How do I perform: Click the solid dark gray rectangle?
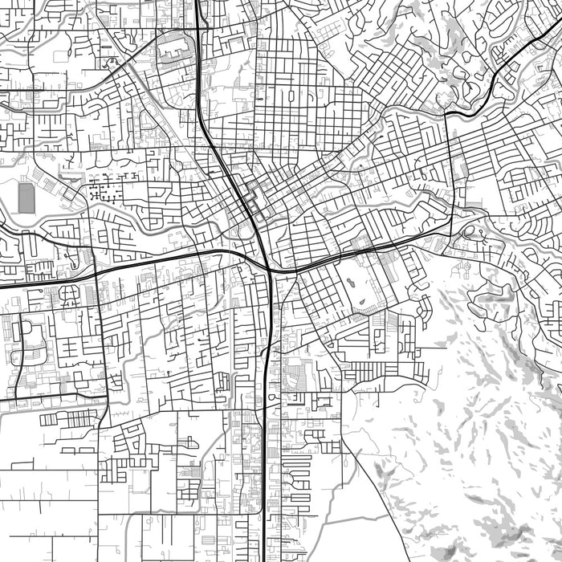26,198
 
